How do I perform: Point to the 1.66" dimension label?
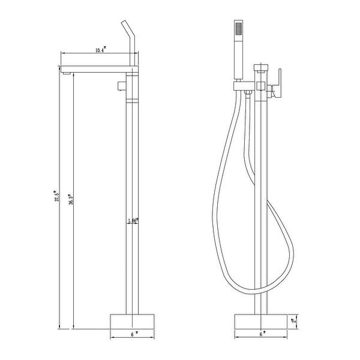pyautogui.click(x=133, y=221)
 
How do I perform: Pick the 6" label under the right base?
pyautogui.click(x=262, y=333)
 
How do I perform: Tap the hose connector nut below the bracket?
pyautogui.click(x=246, y=91)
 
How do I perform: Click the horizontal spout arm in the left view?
pyautogui.click(x=99, y=67)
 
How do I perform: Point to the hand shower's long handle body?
pyautogui.click(x=238, y=57)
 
